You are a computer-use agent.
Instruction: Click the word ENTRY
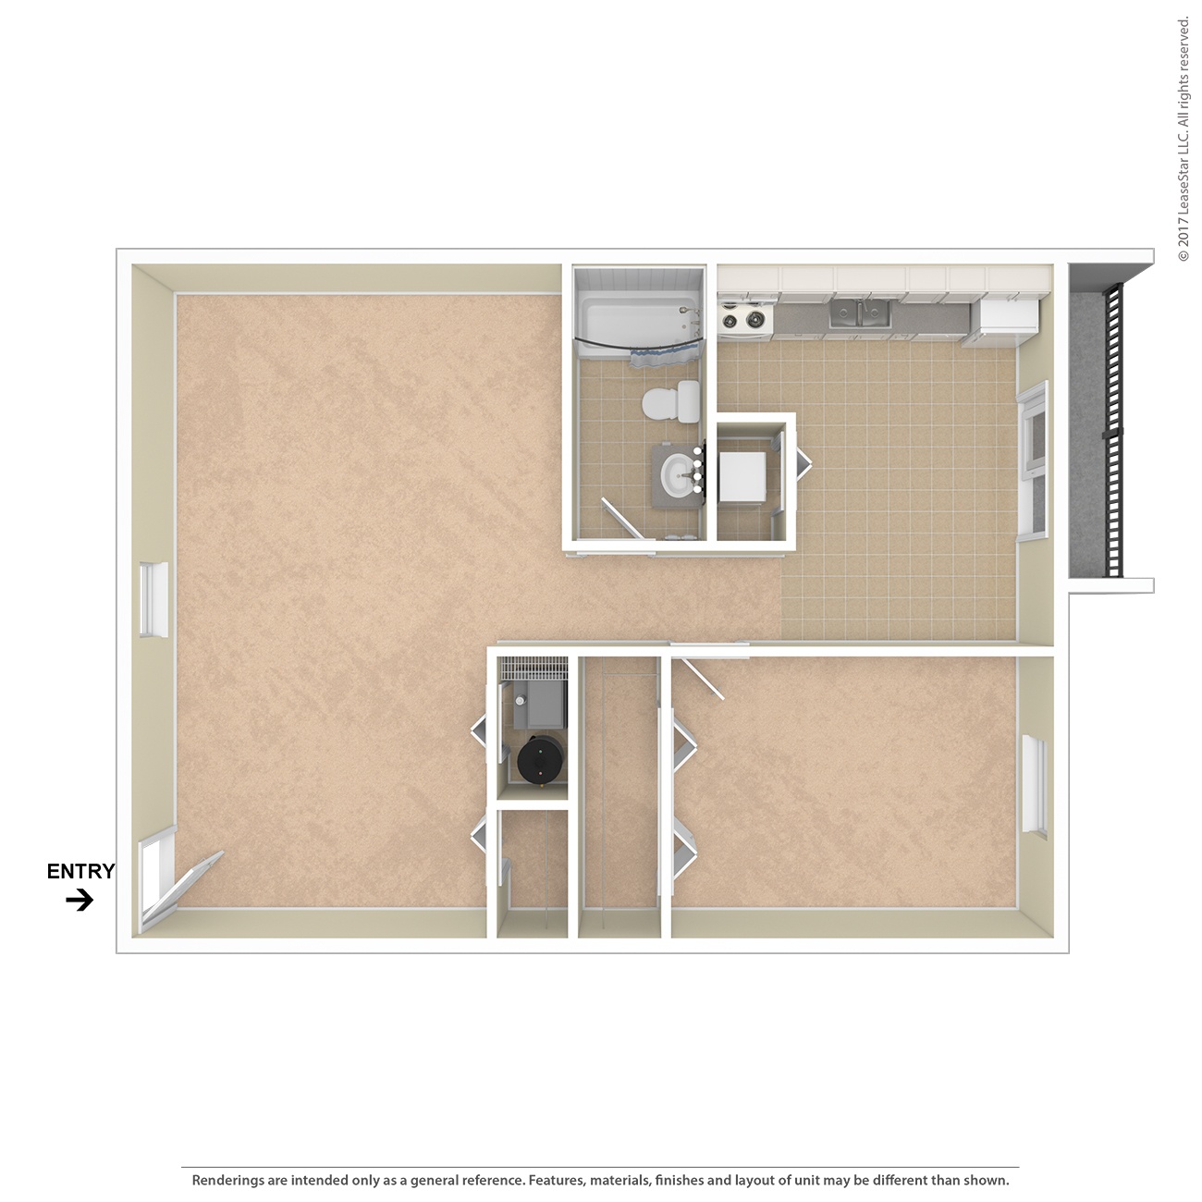(x=81, y=871)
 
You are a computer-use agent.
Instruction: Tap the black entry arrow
(x=80, y=900)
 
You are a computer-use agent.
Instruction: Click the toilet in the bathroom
(x=670, y=401)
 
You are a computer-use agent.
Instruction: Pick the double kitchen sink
(x=860, y=313)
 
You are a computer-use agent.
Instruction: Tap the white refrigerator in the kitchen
(x=1002, y=322)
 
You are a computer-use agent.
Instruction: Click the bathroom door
(x=621, y=517)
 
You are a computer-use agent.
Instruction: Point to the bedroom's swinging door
(x=701, y=679)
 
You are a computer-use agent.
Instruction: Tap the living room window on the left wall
(x=153, y=599)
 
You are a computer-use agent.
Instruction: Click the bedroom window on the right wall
(x=1035, y=787)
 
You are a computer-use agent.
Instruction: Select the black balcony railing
(x=1114, y=430)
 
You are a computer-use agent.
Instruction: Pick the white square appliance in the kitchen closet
(x=742, y=476)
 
